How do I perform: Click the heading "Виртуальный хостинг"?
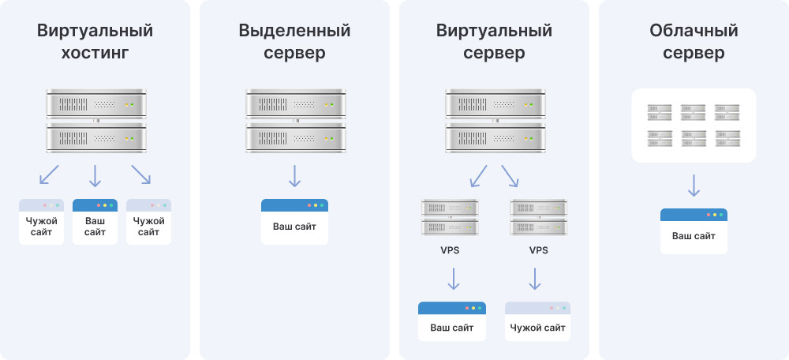[95, 42]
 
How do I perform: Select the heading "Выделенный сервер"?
[294, 42]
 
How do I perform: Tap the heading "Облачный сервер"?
[694, 42]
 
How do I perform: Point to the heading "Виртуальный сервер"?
[494, 42]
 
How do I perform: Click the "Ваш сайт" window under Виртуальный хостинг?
[95, 221]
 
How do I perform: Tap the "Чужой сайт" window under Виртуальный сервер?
[537, 321]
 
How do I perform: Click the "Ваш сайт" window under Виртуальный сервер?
[452, 321]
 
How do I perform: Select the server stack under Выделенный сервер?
[294, 122]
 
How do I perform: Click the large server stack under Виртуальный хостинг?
[95, 122]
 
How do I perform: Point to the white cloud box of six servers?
[694, 126]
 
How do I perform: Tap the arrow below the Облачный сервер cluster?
[694, 186]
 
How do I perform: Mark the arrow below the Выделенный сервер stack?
[294, 175]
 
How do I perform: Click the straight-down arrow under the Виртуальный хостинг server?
[95, 175]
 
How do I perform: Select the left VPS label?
[450, 250]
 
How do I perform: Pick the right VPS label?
[538, 250]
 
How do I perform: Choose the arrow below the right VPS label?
[535, 279]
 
